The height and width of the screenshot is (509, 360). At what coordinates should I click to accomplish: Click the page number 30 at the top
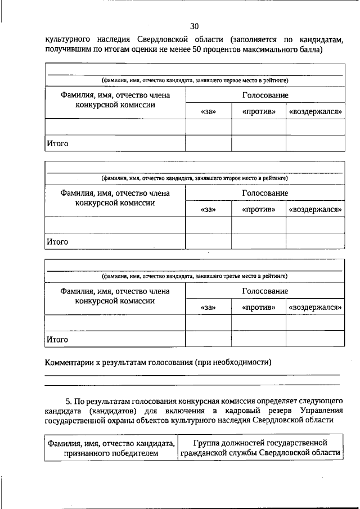click(x=194, y=26)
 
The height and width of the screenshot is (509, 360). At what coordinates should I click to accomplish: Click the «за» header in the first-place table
click(x=208, y=112)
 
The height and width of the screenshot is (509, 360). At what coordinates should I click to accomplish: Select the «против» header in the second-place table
click(x=259, y=209)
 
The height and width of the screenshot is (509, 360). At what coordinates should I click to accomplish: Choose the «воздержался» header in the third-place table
click(x=316, y=307)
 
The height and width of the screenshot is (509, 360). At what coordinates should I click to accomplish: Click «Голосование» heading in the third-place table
click(x=264, y=291)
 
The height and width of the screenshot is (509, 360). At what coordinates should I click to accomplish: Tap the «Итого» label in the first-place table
click(x=57, y=143)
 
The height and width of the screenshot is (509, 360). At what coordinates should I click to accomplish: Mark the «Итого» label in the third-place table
click(x=57, y=339)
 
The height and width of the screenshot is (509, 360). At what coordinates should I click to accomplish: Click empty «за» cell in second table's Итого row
click(x=208, y=241)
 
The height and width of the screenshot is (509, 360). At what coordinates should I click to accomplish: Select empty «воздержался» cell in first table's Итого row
click(x=316, y=143)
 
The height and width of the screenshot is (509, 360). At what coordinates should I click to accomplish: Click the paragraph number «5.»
click(x=69, y=401)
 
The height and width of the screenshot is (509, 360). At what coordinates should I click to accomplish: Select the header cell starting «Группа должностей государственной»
click(x=260, y=448)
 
